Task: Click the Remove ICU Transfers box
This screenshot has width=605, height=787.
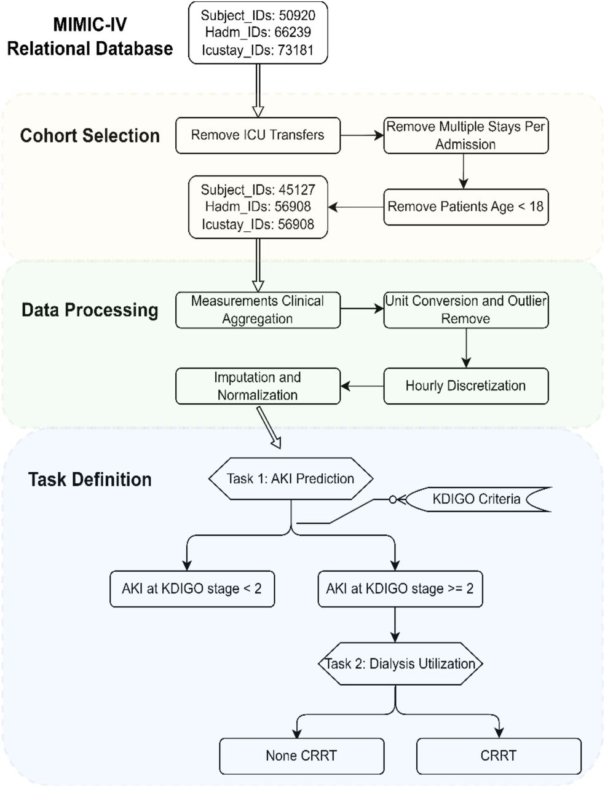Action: (x=258, y=135)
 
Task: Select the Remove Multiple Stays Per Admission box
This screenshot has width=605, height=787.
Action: (x=466, y=135)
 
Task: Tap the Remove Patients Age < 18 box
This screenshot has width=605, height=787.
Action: (x=466, y=207)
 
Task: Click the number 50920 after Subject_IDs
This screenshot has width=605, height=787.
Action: (x=297, y=15)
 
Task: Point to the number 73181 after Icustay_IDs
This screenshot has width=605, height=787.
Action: (x=296, y=50)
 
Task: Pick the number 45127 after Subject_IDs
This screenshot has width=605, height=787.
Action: (x=297, y=190)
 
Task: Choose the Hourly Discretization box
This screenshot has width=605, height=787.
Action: (x=466, y=386)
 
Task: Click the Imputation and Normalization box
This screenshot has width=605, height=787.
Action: (x=258, y=386)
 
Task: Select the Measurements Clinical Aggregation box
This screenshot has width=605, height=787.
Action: (x=258, y=310)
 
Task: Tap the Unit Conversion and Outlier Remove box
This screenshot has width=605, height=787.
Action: (x=466, y=310)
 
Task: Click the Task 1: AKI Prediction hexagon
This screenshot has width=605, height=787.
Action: (x=291, y=478)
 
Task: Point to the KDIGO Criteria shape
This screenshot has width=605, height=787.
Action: (x=478, y=499)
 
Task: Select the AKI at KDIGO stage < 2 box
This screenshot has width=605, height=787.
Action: (x=192, y=588)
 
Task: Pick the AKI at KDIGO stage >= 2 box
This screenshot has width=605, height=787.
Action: (x=400, y=588)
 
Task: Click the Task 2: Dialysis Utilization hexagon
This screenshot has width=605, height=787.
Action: (x=400, y=664)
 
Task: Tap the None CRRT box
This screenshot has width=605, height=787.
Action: (x=302, y=756)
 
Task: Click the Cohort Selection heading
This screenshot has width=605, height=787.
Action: (x=90, y=136)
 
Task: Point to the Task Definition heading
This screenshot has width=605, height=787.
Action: (x=90, y=480)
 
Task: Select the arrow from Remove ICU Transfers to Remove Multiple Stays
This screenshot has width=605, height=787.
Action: (x=362, y=135)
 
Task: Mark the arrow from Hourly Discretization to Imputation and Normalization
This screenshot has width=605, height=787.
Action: (x=362, y=386)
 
